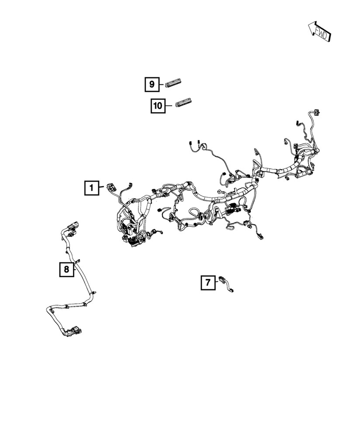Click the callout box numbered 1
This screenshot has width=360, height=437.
[x=92, y=188]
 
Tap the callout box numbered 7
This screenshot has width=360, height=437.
[x=208, y=283]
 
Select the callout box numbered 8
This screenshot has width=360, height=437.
[x=66, y=269]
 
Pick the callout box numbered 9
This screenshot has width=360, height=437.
[x=152, y=83]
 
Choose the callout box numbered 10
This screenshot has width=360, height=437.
[x=158, y=105]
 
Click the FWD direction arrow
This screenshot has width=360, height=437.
[x=318, y=31]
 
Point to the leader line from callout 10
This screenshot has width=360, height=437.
[x=170, y=105]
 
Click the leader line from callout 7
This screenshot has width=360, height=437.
[x=217, y=282]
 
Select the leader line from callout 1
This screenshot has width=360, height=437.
[x=102, y=188]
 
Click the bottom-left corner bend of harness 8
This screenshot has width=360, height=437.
[x=48, y=312]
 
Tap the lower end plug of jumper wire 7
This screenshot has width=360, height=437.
[x=231, y=290]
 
